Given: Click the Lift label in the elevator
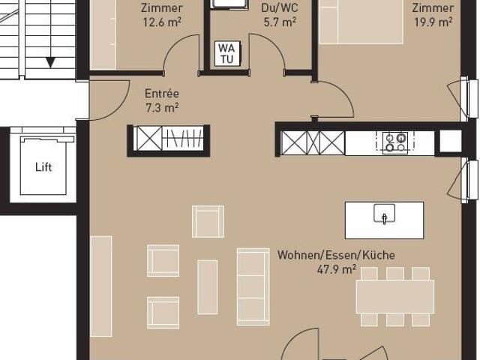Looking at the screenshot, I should (x=44, y=167).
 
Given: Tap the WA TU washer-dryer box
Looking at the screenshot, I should (x=226, y=54).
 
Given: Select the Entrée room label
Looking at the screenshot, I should (x=161, y=94).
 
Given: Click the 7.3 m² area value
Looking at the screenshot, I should (x=161, y=107).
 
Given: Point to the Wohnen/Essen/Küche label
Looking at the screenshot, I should (x=336, y=255).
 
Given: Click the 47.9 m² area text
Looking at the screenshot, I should (x=336, y=269).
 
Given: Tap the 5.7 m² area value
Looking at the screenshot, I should (x=279, y=22).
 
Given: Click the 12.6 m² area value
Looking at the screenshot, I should (x=163, y=22).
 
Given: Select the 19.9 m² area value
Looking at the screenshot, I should (x=433, y=22).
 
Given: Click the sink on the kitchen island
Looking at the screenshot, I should (x=384, y=214).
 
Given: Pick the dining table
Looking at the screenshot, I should (x=394, y=297).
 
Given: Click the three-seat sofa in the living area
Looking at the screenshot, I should (x=253, y=286).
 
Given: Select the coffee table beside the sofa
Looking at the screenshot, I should (x=207, y=286).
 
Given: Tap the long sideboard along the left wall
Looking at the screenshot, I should (x=101, y=286).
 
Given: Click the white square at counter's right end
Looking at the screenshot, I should (x=451, y=141).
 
